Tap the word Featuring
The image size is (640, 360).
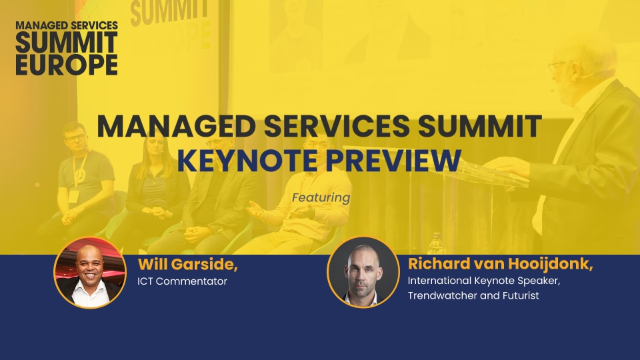(x=321, y=198)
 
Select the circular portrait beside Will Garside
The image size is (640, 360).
(x=90, y=272)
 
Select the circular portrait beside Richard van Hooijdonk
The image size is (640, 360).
(x=363, y=272)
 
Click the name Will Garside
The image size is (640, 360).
(x=188, y=265)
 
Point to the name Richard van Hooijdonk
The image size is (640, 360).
(x=500, y=264)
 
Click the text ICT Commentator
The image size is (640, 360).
(x=182, y=281)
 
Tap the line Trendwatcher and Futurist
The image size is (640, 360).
(x=473, y=295)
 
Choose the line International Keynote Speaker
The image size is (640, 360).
(x=484, y=281)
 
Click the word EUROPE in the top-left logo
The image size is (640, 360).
(x=67, y=65)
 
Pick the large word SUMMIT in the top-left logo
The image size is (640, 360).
(x=67, y=43)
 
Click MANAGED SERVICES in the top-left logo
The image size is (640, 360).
(x=67, y=25)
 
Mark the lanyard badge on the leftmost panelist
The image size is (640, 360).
(x=73, y=196)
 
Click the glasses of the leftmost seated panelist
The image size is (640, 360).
(x=76, y=137)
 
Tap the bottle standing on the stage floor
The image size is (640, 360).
(x=436, y=243)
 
